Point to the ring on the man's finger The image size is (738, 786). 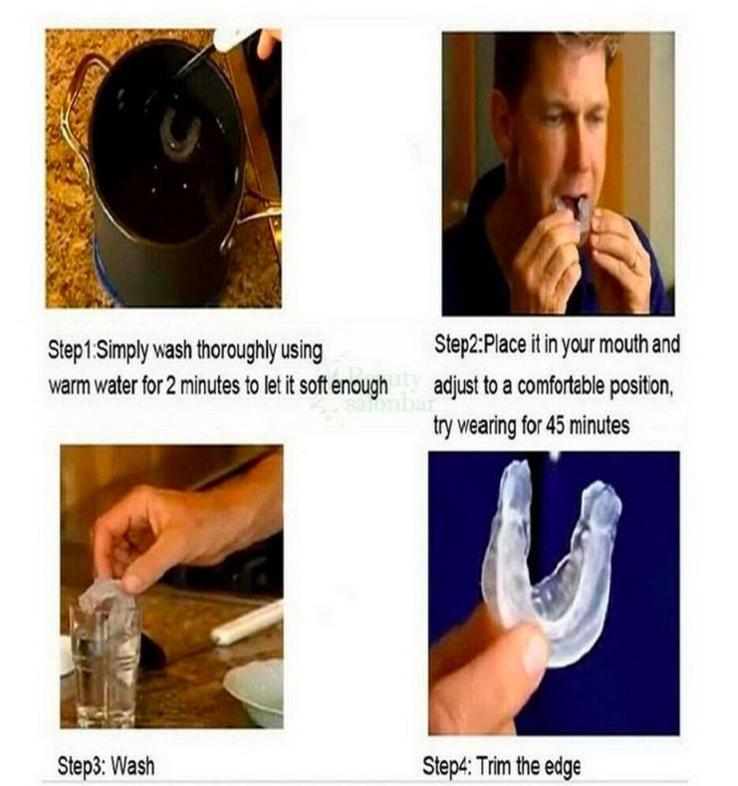[x=635, y=261]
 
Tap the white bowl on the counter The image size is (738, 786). [x=255, y=691]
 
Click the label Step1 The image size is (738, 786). [x=70, y=350]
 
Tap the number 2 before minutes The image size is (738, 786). [x=170, y=386]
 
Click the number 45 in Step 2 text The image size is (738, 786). [x=556, y=425]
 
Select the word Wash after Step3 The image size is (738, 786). [x=131, y=766]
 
